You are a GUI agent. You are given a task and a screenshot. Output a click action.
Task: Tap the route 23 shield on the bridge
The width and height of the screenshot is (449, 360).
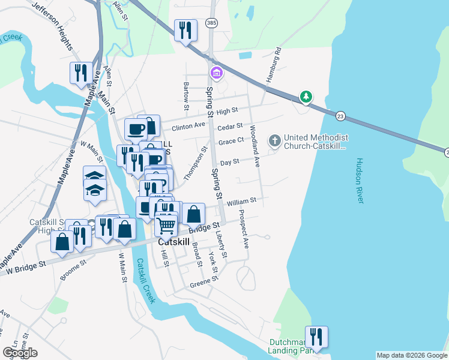pos(340,115)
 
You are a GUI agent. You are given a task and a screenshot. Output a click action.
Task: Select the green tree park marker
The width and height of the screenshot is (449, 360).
pos(306,97)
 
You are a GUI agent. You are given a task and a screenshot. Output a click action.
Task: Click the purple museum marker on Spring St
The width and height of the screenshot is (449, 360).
pos(216,74)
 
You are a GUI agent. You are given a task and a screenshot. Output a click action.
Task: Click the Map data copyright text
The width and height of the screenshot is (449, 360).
pos(411,355)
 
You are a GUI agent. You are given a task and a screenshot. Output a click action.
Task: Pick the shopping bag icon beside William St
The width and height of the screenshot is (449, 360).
pos(194,214)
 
